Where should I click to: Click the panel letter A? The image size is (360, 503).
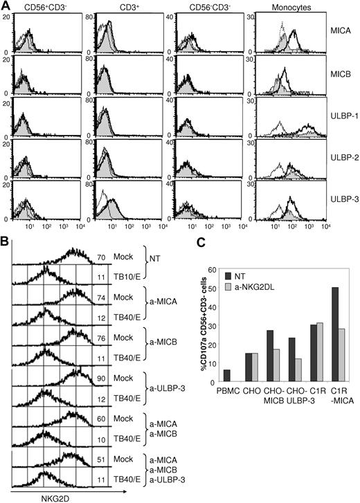coord(6,6)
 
